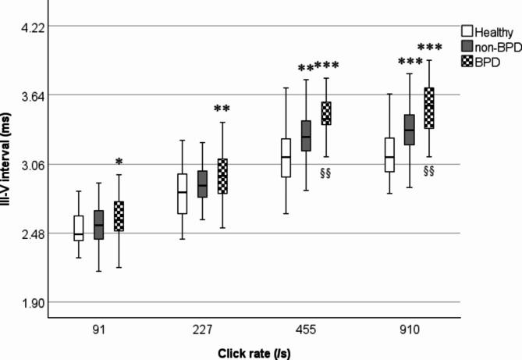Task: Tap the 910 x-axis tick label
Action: click(407, 331)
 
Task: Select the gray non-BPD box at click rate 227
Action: click(202, 184)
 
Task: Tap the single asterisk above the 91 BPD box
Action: click(119, 162)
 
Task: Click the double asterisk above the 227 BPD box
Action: click(222, 109)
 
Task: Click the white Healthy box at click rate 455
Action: click(286, 158)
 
